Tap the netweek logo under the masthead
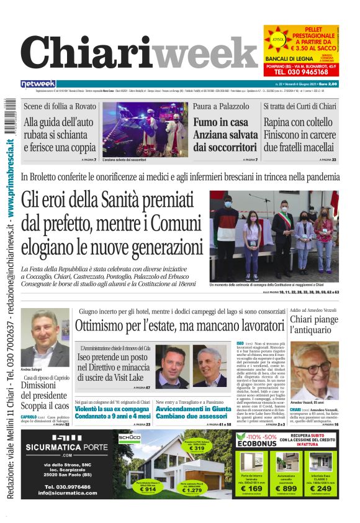point(38,84)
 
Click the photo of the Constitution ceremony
point(274,236)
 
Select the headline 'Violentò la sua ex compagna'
point(112,410)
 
